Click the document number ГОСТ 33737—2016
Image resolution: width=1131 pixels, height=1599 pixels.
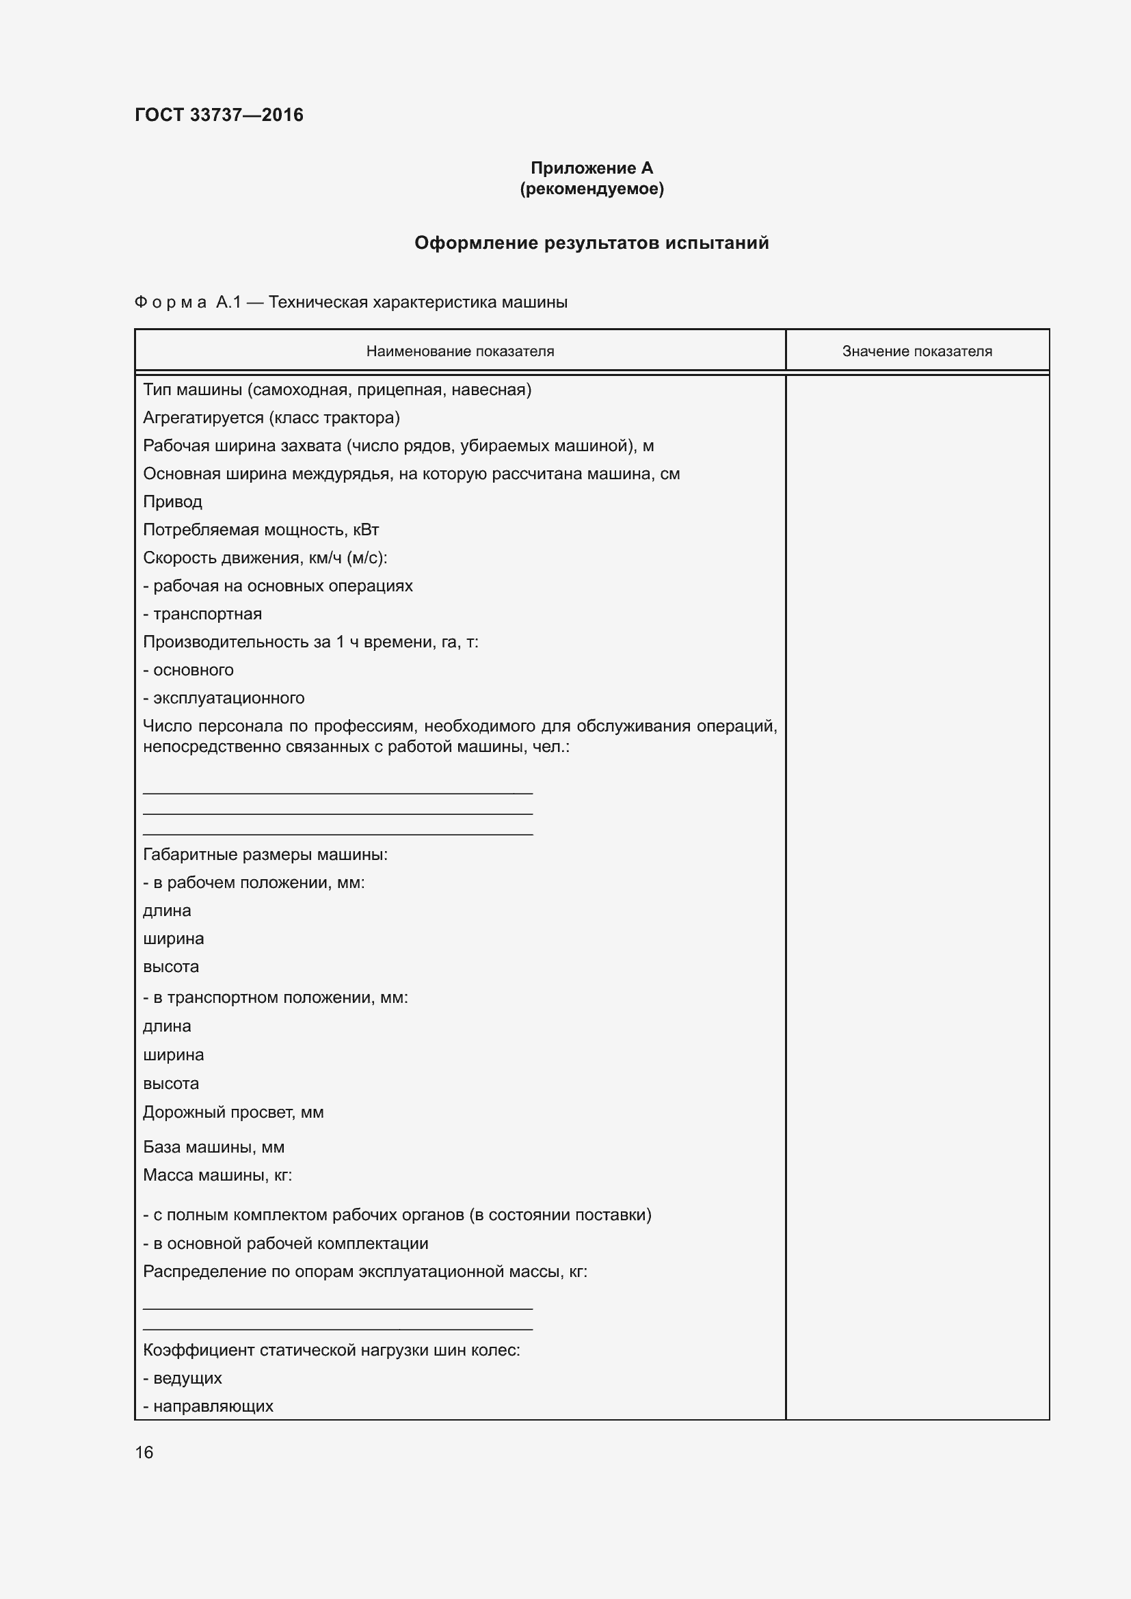pos(219,115)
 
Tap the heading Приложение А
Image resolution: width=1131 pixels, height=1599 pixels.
pos(591,168)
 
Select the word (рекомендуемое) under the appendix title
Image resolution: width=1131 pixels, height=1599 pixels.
pos(591,189)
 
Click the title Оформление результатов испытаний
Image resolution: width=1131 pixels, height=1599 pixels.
pos(591,243)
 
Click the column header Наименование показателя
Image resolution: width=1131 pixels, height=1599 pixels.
pos(460,351)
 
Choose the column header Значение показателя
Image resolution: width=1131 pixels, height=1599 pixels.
pos(916,351)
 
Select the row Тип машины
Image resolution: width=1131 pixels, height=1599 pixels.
pos(337,390)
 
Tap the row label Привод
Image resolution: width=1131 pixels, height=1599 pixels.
pos(173,502)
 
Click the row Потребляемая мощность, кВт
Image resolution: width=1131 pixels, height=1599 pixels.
pos(261,530)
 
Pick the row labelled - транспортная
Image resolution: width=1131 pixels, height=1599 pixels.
pos(202,615)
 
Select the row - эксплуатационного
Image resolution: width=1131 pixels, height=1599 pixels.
pos(224,698)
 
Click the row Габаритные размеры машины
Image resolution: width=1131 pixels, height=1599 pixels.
pos(265,855)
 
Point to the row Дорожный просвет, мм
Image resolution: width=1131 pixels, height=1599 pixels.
pos(233,1112)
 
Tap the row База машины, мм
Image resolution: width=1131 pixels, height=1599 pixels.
pos(214,1147)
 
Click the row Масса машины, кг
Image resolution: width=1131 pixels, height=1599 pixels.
pos(217,1175)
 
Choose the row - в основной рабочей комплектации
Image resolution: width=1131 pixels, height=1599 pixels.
pos(286,1243)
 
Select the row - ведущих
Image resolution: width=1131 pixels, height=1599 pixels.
pos(183,1378)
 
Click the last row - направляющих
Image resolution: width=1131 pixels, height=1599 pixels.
pos(209,1406)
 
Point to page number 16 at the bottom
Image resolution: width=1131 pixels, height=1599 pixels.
pos(144,1452)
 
